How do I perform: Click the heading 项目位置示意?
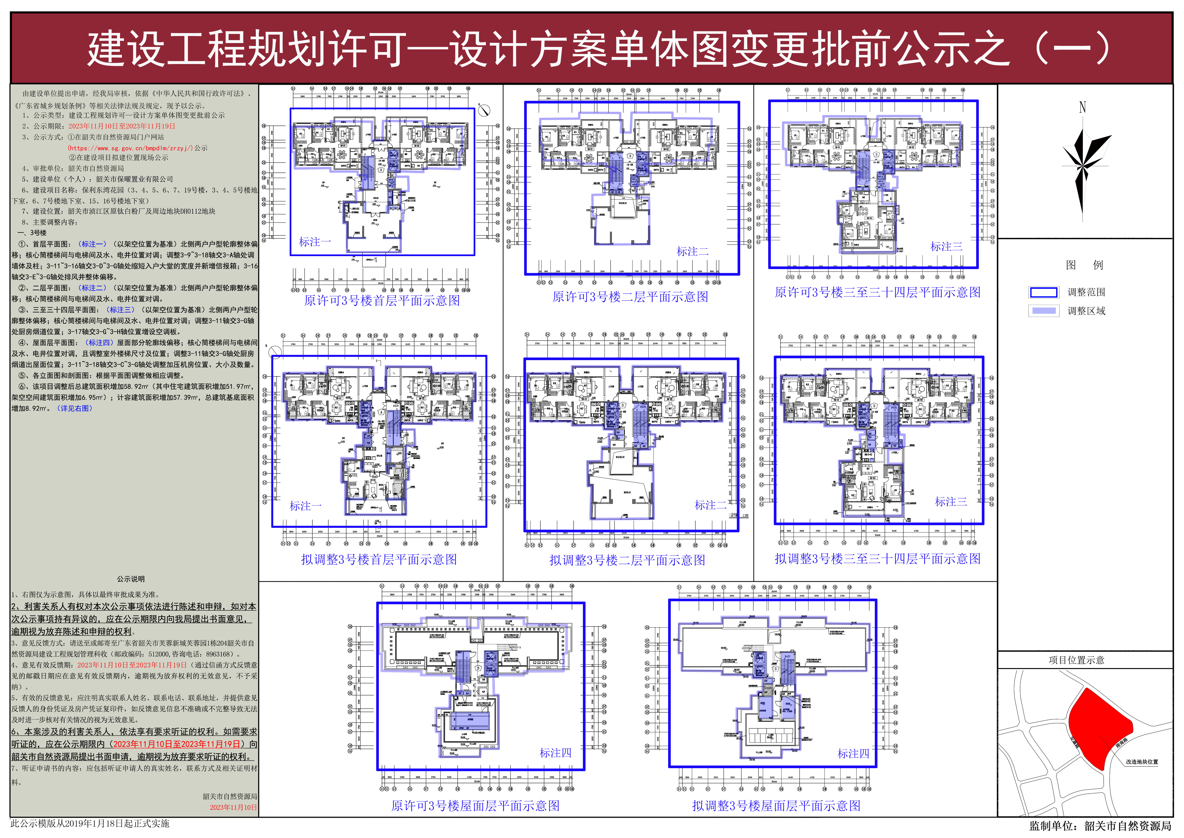click(x=1076, y=660)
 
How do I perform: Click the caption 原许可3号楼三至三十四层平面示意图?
click(x=877, y=293)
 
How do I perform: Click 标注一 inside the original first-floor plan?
click(x=315, y=242)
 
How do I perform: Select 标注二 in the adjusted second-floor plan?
click(x=710, y=505)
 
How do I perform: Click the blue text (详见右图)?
click(x=75, y=408)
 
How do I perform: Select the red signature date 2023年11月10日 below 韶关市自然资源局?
click(x=233, y=808)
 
